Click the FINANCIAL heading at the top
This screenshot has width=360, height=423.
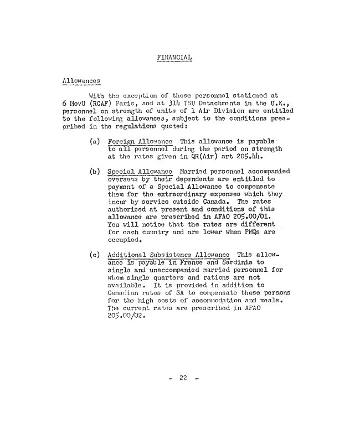(175, 58)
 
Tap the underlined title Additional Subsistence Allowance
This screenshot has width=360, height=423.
(169, 255)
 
